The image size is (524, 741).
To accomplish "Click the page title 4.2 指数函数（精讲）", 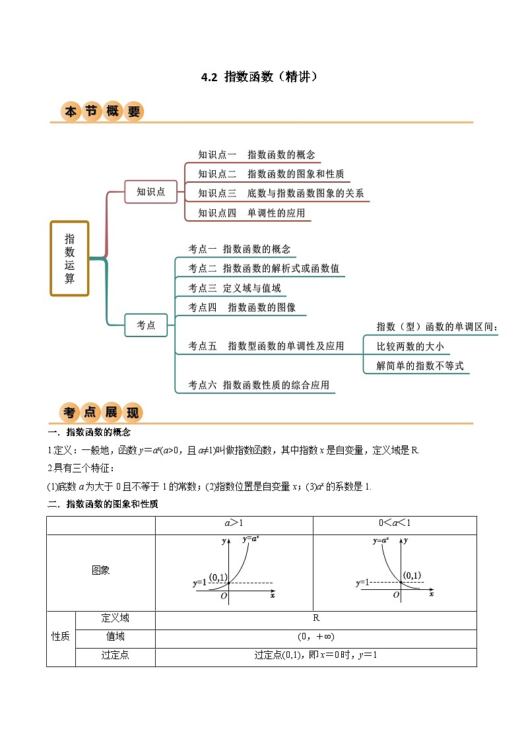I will click(x=261, y=77).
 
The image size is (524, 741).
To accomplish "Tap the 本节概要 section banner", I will click(x=102, y=112).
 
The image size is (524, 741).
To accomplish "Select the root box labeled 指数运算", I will click(x=69, y=258).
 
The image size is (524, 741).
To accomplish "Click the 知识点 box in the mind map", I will click(x=151, y=192).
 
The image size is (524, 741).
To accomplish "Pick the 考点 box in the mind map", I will click(x=146, y=325).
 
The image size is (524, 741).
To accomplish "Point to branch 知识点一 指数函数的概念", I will click(x=257, y=155).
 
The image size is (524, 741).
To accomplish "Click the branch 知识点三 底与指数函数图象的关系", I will click(x=281, y=194).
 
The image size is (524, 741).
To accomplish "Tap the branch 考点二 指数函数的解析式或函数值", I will click(x=263, y=269).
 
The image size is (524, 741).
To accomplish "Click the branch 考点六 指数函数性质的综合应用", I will click(x=258, y=385).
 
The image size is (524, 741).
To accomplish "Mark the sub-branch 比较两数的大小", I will click(x=410, y=346).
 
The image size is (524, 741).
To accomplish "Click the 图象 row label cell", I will click(x=101, y=571).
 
